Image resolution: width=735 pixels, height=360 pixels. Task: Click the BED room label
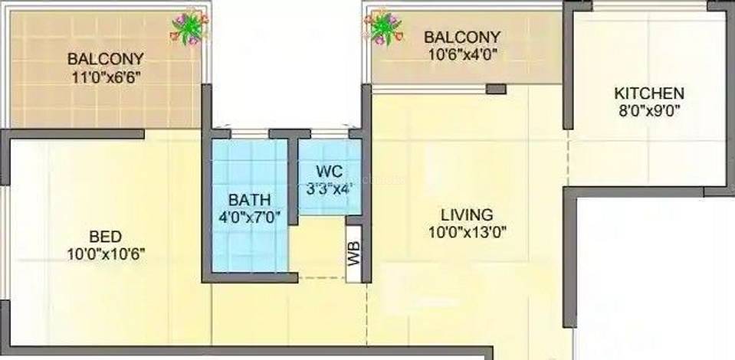[106, 236]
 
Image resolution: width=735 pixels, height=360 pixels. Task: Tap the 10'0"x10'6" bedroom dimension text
[106, 254]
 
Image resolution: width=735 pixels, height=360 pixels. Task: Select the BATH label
[249, 200]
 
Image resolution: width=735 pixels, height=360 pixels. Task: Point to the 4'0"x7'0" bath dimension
[249, 218]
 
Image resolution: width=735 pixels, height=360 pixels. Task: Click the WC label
[330, 172]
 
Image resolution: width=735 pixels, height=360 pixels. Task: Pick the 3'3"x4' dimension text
[330, 189]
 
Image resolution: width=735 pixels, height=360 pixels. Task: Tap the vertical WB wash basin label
[354, 253]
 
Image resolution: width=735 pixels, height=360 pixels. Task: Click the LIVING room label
[467, 214]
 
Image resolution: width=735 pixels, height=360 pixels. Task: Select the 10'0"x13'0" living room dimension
[468, 233]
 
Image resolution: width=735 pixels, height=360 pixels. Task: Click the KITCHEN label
[649, 93]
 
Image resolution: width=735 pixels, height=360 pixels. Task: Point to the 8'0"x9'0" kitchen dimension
[649, 110]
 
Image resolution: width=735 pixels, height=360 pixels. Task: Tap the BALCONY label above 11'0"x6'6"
[106, 59]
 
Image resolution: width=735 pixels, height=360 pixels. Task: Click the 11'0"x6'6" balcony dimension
[106, 77]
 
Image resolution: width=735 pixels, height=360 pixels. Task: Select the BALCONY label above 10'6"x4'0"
[462, 37]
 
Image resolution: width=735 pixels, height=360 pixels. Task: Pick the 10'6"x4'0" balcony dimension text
[462, 54]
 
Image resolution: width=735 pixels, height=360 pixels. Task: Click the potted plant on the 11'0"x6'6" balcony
[189, 28]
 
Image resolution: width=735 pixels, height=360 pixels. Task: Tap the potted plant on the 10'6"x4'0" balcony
[384, 28]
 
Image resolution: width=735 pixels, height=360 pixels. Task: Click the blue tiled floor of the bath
[250, 205]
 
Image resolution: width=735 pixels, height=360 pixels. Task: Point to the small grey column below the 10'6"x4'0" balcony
[496, 89]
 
